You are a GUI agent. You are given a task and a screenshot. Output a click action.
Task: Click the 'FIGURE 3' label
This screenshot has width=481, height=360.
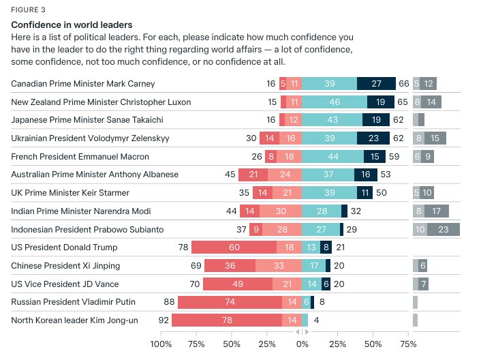click(x=28, y=10)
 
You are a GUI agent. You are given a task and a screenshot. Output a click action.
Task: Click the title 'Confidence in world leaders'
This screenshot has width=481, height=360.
click(x=72, y=25)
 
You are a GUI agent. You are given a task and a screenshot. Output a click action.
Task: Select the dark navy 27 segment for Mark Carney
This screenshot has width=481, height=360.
click(x=376, y=83)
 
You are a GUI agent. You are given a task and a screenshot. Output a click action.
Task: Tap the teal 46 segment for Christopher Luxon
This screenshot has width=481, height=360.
click(x=335, y=102)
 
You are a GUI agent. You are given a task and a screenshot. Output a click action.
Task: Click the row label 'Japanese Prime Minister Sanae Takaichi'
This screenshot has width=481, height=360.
click(x=87, y=120)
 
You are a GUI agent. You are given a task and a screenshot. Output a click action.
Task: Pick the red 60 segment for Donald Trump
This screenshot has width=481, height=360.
click(x=234, y=247)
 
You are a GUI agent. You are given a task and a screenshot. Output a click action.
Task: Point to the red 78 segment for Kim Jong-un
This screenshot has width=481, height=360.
click(x=227, y=320)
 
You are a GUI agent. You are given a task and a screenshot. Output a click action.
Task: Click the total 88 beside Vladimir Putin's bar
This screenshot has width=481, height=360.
click(x=169, y=302)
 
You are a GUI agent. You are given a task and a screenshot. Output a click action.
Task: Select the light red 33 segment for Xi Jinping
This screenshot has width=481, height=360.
click(x=279, y=266)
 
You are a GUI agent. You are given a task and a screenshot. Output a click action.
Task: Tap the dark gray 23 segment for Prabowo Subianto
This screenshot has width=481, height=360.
click(x=444, y=230)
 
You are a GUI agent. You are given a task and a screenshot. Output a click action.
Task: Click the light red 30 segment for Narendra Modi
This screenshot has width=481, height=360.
click(x=281, y=211)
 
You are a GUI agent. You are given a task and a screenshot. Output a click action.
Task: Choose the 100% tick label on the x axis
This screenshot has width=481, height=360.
click(x=161, y=344)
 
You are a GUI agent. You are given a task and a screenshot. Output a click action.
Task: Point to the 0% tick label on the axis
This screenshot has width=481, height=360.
click(x=302, y=344)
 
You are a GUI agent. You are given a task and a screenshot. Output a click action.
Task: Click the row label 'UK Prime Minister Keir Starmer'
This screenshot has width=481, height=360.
click(x=70, y=193)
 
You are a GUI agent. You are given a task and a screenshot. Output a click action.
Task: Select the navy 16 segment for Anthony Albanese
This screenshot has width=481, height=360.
click(x=366, y=175)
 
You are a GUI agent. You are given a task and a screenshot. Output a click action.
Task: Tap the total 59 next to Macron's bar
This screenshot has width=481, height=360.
click(x=394, y=157)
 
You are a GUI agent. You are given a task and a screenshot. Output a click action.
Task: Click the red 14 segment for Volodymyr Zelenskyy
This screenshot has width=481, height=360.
click(x=269, y=138)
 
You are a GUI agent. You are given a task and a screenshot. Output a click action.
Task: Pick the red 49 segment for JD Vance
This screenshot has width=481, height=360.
click(x=238, y=284)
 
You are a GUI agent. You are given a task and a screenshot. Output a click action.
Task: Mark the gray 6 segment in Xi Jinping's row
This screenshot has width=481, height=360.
click(x=422, y=266)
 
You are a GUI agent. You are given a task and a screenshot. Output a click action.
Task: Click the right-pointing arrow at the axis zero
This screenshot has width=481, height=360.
click(x=307, y=332)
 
